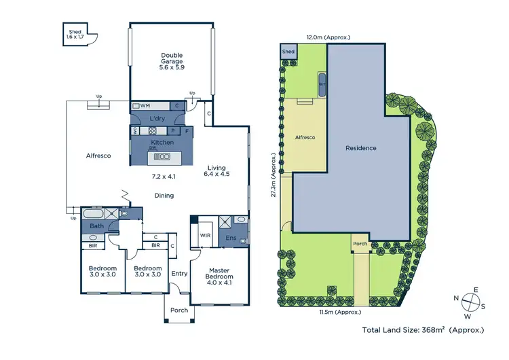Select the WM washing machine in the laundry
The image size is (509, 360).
click(145, 106)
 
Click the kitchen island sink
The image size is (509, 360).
click(162, 157)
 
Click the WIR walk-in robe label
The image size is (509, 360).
click(205, 236)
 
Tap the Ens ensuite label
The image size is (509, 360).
click(231, 238)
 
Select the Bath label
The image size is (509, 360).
click(97, 226)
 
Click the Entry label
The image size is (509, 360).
click(179, 274)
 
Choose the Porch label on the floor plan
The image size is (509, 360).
click(179, 310)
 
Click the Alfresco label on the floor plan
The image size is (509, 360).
click(99, 156)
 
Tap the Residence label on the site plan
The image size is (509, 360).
click(360, 147)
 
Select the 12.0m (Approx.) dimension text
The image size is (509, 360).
click(328, 37)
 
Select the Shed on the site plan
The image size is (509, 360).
click(288, 52)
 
